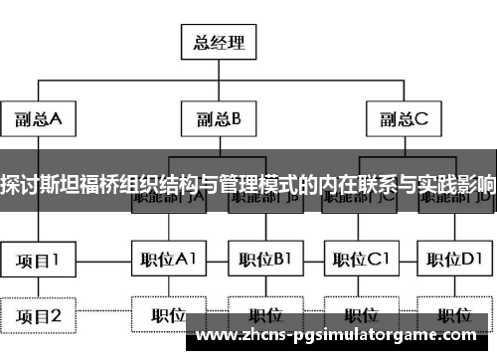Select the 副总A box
[x=39, y=120]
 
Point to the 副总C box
[x=402, y=120]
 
